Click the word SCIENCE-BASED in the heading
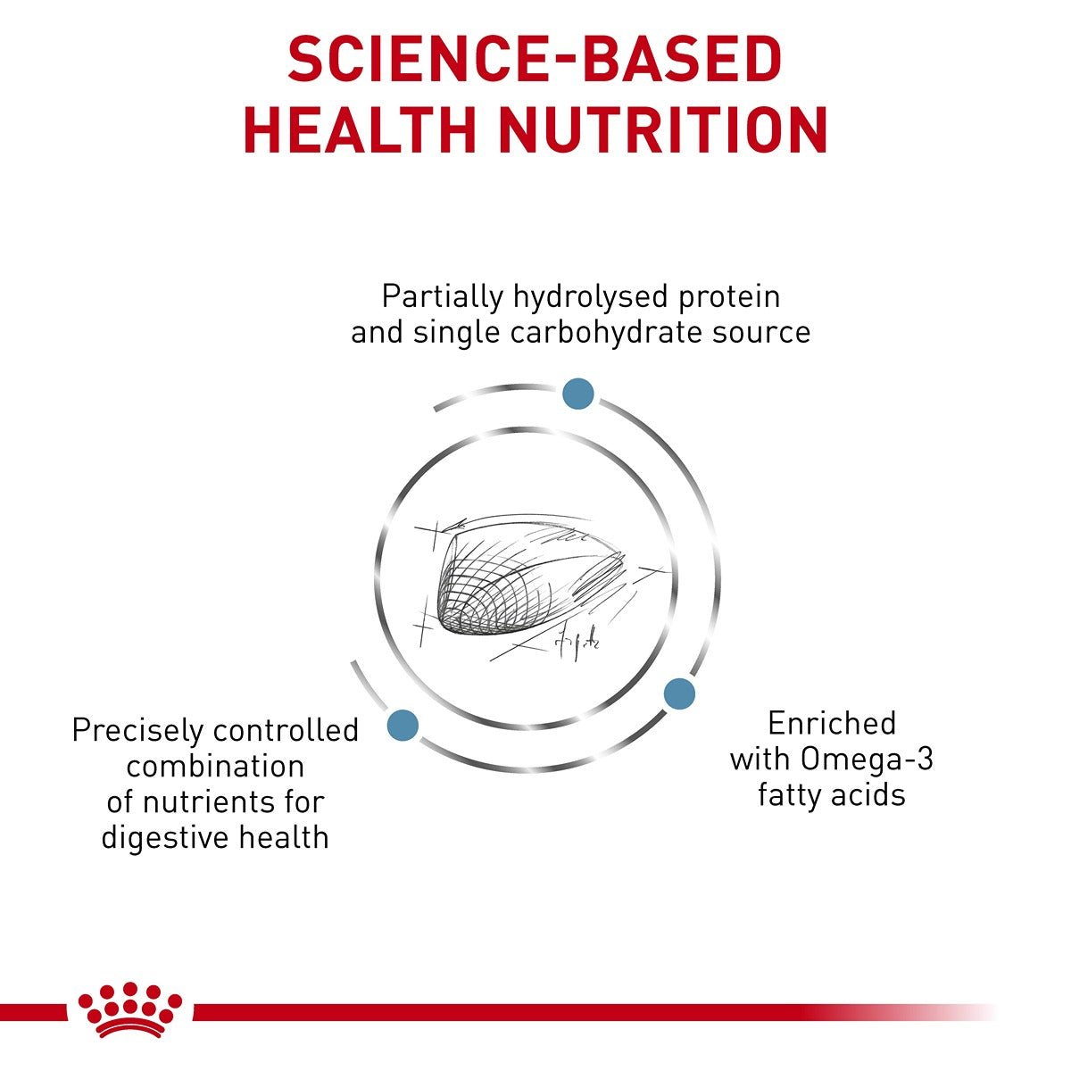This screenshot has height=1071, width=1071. coord(535,61)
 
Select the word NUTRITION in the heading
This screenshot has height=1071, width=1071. coord(663,130)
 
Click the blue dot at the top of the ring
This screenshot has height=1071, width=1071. coord(577,394)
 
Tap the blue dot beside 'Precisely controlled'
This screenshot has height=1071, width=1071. coord(403,725)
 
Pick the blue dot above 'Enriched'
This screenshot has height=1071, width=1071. coord(679,693)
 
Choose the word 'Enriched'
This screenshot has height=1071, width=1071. coord(831,723)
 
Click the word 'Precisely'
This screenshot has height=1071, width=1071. coord(137,730)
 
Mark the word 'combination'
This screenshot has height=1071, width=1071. coord(215,766)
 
